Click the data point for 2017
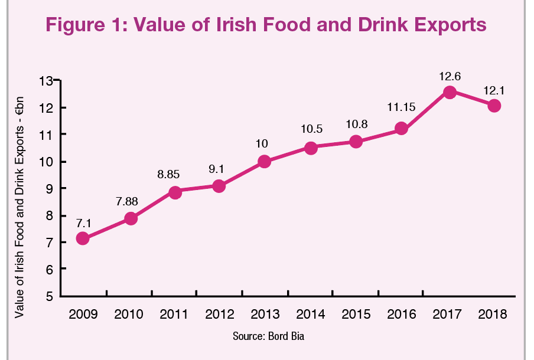[450, 92]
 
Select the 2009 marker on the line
[83, 238]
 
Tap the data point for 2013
[265, 161]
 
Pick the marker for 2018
[494, 106]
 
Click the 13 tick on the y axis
[45, 81]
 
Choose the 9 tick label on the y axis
[48, 189]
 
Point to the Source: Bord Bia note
[268, 336]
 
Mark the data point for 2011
[175, 192]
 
